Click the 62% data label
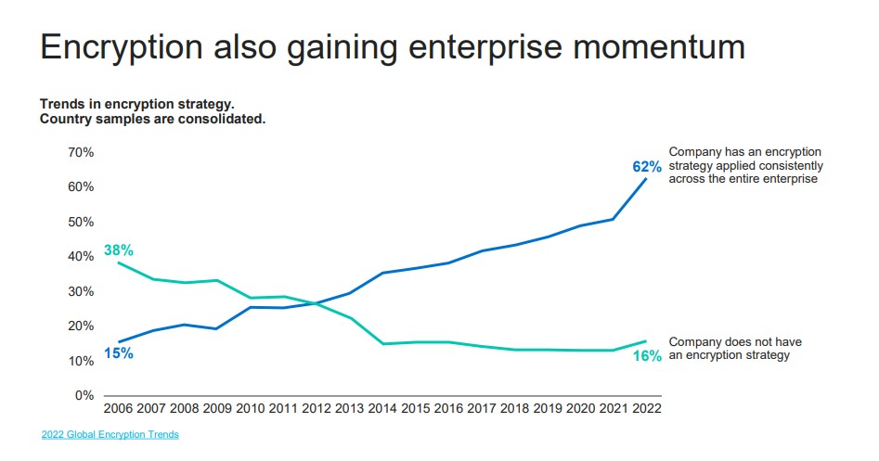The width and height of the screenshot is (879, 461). tap(647, 168)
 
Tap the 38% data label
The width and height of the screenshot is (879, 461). tap(119, 250)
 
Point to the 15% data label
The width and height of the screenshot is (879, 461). tap(119, 352)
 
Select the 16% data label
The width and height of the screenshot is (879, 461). tap(647, 356)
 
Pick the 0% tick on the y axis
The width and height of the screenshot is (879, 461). tap(84, 396)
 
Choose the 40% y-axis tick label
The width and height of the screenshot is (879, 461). tap(82, 257)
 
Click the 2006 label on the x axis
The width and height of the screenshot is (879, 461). tap(119, 408)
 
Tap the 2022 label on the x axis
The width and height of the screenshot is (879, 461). tap(646, 408)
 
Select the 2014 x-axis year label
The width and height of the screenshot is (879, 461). tap(382, 408)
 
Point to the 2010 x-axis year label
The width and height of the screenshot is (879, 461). tap(251, 408)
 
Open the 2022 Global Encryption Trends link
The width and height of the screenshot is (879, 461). tap(110, 435)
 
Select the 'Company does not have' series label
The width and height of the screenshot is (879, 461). tap(735, 342)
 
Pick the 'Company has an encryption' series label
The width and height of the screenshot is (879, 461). tap(744, 152)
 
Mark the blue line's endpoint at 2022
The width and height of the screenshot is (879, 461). tap(646, 178)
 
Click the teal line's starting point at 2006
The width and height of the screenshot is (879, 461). tap(119, 263)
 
